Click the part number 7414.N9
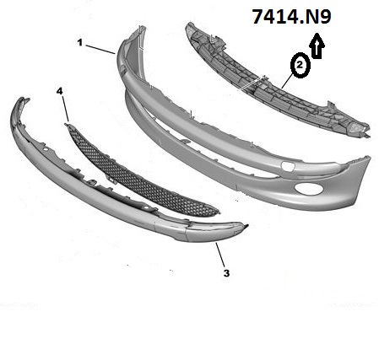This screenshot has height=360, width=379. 291,17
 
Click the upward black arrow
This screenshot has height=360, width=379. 317,46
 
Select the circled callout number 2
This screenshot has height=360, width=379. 300,65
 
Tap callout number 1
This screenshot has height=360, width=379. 80,43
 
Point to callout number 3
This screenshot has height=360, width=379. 226,273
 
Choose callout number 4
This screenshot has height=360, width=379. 59,91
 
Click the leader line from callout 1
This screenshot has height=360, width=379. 100,49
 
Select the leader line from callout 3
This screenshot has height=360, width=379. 220,255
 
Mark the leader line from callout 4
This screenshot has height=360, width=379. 65,109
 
